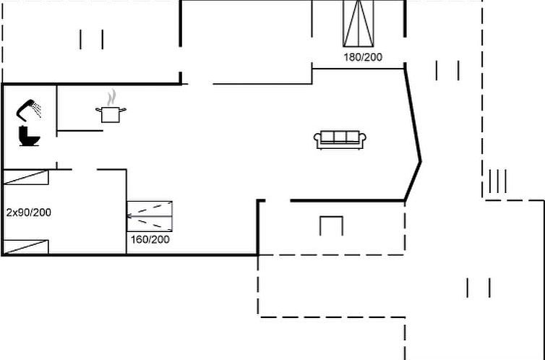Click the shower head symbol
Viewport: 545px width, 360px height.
[x=27, y=107]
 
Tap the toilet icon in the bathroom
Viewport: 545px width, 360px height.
[x=30, y=136]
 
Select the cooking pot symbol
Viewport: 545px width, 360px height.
[x=110, y=113]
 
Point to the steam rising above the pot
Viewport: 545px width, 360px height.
[x=111, y=97]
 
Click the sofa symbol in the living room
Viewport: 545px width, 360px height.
[x=340, y=140]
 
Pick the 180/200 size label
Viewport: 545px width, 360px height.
[x=363, y=56]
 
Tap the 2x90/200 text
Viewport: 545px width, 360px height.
[x=28, y=213]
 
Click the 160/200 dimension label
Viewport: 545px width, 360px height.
[x=150, y=239]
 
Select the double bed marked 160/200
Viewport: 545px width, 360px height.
[x=150, y=216]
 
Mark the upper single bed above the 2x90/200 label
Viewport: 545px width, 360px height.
[x=26, y=178]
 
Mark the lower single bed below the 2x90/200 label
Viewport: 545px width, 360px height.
[x=26, y=247]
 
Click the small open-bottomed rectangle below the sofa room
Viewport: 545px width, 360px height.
[x=331, y=226]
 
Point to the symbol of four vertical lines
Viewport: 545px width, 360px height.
[x=497, y=181]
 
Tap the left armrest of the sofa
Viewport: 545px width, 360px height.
[x=317, y=140]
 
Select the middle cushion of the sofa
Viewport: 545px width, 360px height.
[x=340, y=137]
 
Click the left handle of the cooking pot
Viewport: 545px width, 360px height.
[x=98, y=110]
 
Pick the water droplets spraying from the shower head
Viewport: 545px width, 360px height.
[x=37, y=111]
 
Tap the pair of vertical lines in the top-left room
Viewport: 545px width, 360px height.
[x=92, y=40]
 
